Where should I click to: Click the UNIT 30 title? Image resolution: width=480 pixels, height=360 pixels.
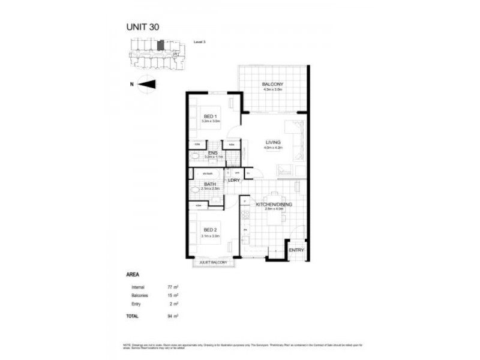click(x=142, y=26)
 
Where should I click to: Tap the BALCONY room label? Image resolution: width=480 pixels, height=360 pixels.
click(x=272, y=84)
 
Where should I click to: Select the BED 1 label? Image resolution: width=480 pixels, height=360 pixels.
click(x=209, y=116)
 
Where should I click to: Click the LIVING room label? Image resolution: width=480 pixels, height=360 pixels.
click(x=274, y=142)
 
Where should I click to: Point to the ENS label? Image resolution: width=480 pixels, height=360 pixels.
click(x=213, y=153)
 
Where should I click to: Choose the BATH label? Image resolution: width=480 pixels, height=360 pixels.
click(x=210, y=184)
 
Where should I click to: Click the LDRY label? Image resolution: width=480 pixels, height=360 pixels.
click(x=233, y=180)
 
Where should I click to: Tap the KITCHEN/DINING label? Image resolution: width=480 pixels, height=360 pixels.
click(x=273, y=205)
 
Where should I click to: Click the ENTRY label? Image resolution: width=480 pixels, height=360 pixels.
click(x=296, y=250)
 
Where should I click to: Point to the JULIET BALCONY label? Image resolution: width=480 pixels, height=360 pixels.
click(x=214, y=262)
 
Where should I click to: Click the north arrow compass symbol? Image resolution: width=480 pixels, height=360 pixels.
click(x=147, y=84)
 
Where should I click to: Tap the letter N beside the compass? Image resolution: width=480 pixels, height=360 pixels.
click(x=131, y=84)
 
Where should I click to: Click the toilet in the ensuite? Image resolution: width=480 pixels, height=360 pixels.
click(x=195, y=156)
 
